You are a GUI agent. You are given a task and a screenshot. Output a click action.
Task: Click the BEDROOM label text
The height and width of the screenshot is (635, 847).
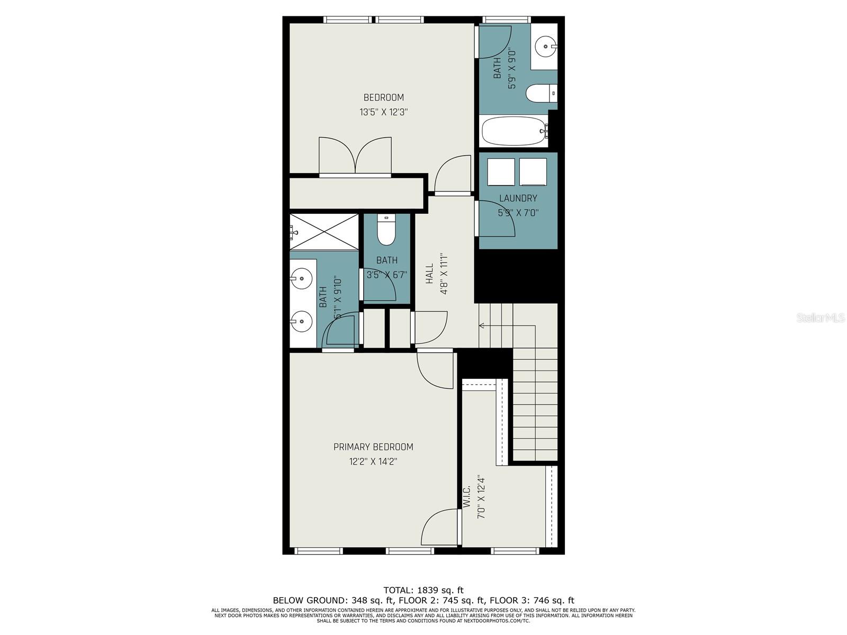point(383,97)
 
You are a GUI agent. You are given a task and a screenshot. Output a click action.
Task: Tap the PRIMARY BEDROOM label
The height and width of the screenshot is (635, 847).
point(373,447)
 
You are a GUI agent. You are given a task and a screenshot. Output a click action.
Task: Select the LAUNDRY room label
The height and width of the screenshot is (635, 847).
point(518,198)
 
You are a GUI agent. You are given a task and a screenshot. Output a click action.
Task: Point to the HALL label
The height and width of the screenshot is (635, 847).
point(429,274)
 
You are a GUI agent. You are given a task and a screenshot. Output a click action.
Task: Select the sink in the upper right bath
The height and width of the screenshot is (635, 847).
point(545,47)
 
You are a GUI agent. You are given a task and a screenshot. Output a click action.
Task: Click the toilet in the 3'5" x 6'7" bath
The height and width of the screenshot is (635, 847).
point(386,231)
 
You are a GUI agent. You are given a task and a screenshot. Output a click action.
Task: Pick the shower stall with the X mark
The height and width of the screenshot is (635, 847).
point(325,231)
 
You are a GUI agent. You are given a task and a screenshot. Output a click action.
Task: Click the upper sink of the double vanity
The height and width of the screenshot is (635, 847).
point(302,277)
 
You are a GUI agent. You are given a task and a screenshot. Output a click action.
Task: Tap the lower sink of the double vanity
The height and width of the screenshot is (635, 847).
point(302,321)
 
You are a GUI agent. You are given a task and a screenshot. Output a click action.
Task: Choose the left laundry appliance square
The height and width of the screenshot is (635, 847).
point(501,172)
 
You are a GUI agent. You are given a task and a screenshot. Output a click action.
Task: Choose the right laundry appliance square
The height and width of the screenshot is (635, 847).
point(533,172)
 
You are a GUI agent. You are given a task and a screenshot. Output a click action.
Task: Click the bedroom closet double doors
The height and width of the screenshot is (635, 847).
point(355,156)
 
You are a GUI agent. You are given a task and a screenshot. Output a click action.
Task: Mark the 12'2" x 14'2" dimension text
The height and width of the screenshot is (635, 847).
point(373,461)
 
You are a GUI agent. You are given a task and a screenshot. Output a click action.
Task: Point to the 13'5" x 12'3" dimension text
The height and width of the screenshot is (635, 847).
point(383,112)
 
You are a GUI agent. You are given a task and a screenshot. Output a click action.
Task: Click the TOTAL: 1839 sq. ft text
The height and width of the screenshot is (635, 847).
point(424,590)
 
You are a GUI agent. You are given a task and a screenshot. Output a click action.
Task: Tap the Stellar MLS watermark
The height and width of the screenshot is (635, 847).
point(821,318)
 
